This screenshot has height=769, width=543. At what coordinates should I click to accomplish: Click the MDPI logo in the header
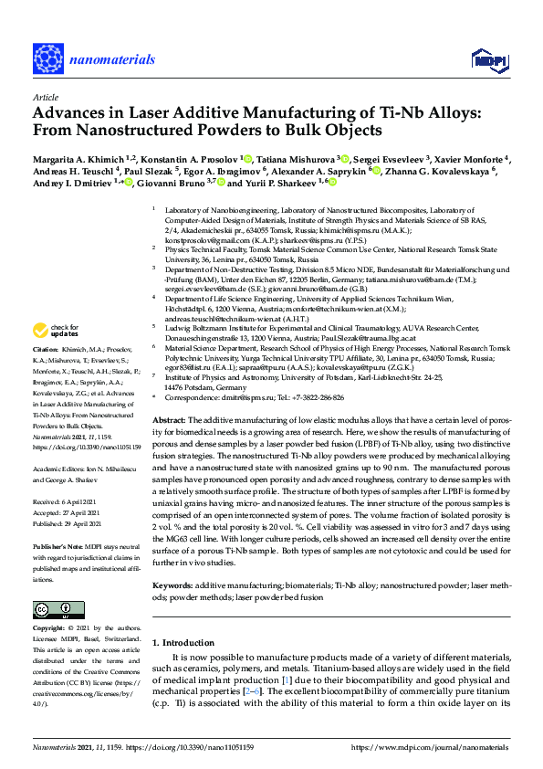point(489,60)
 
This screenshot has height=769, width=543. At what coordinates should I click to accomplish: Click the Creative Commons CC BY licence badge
point(53,609)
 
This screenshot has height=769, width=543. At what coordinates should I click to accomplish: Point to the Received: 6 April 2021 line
point(66,502)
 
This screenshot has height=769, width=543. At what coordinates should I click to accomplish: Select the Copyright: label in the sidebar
point(49,629)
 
